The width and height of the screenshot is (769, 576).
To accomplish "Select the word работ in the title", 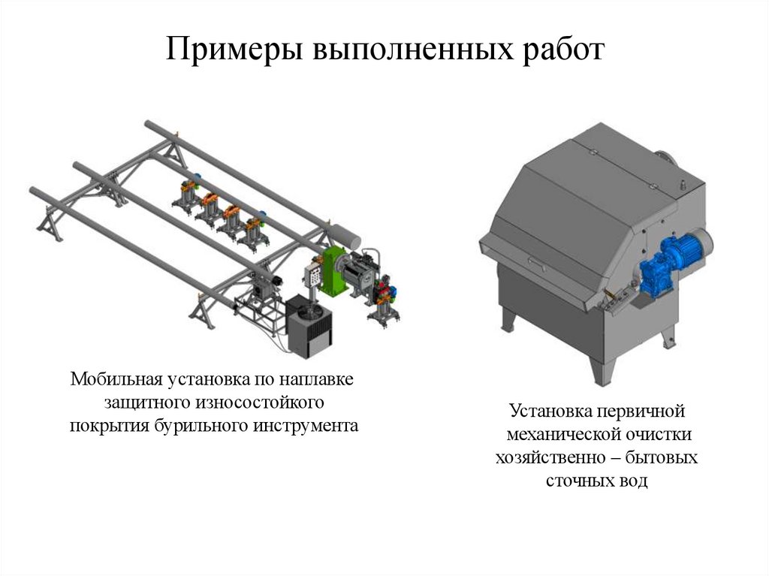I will coord(561,50).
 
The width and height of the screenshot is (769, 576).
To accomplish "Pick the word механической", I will coord(559,434).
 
